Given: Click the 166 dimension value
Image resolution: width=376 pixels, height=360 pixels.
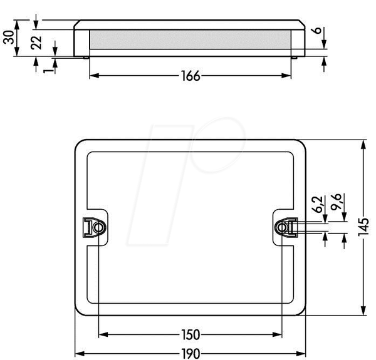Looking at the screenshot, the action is pyautogui.click(x=191, y=76).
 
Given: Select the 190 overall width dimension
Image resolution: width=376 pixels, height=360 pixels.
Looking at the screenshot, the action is pyautogui.click(x=191, y=354).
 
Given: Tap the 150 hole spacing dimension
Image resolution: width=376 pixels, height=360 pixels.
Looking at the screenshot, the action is pyautogui.click(x=191, y=335).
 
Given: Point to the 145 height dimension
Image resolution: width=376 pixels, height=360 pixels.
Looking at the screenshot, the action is pyautogui.click(x=363, y=227).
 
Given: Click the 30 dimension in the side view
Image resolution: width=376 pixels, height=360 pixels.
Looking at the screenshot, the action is pyautogui.click(x=9, y=37).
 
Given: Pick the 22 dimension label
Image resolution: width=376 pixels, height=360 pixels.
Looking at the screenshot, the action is pyautogui.click(x=36, y=43).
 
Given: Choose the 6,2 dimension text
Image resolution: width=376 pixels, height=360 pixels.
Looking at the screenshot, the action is pyautogui.click(x=318, y=204).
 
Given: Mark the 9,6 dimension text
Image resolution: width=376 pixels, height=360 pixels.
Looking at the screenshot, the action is pyautogui.click(x=336, y=202).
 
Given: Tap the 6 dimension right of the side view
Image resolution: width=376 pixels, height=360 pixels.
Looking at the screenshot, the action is pyautogui.click(x=317, y=31).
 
